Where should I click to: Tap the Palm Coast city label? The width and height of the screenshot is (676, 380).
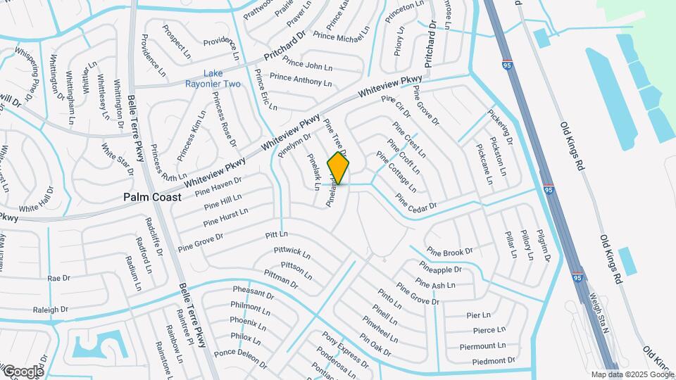click(152, 198)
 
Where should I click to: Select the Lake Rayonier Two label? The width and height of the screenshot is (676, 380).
click(222, 79)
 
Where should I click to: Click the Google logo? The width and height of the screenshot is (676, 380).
click(23, 371)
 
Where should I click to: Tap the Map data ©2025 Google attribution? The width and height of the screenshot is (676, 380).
click(632, 374)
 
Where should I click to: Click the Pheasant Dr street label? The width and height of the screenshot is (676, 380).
click(253, 292)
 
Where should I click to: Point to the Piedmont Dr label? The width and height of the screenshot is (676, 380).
click(483, 361)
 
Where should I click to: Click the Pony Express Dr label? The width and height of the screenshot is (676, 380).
click(344, 350)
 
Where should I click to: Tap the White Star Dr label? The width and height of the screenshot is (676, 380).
click(116, 159)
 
